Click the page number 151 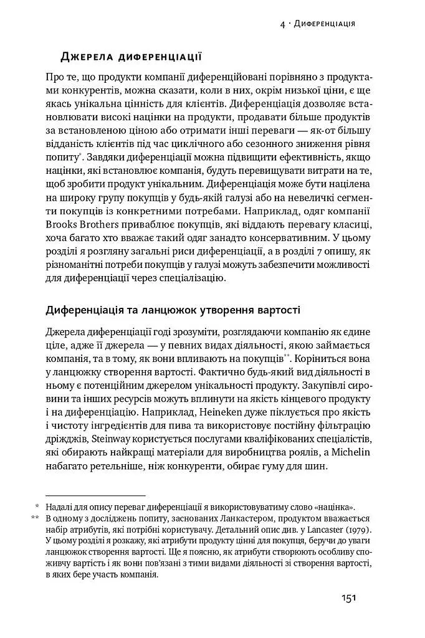348,599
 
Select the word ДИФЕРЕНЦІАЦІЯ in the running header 325,24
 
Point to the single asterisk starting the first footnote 37,507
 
